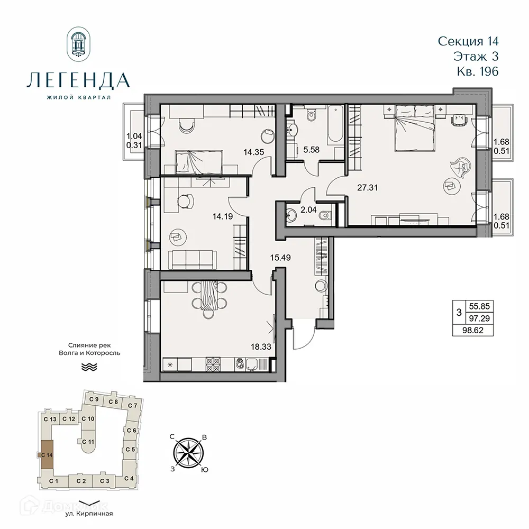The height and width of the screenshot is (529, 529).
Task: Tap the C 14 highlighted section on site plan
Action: [47, 454]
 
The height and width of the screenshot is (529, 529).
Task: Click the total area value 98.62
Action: [474, 331]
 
